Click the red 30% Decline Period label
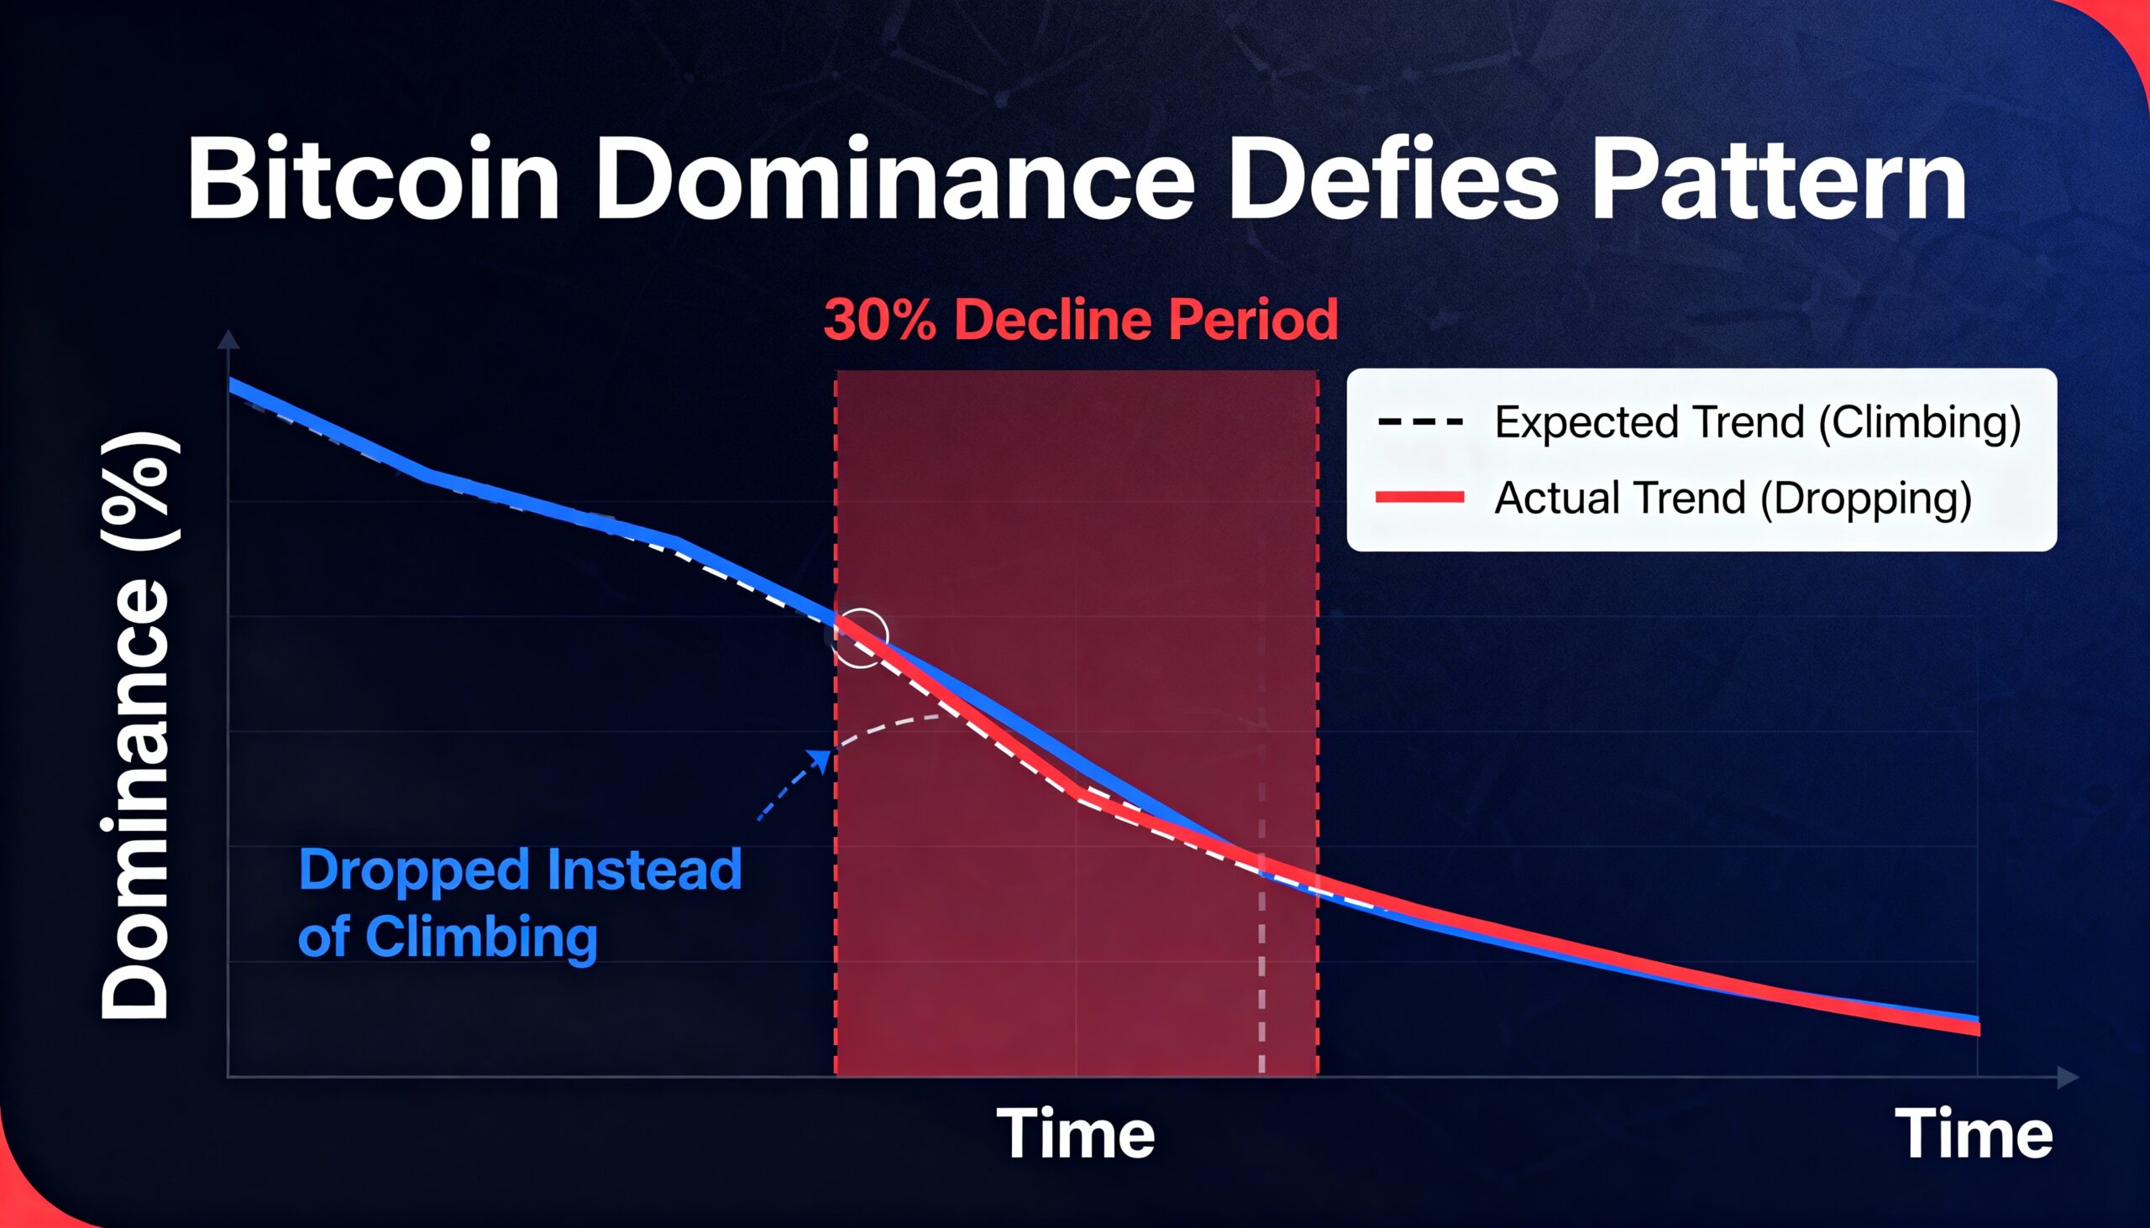tap(1081, 320)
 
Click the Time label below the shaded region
tap(1076, 1133)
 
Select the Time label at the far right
tap(1974, 1133)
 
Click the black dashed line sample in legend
tap(1420, 421)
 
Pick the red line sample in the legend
tap(1420, 497)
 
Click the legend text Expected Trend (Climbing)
tap(1758, 422)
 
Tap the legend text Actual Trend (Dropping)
tap(1733, 498)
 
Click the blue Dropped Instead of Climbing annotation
tap(520, 902)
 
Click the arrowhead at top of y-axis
tap(228, 340)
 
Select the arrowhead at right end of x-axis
tap(2069, 1077)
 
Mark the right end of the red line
tap(1979, 1029)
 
